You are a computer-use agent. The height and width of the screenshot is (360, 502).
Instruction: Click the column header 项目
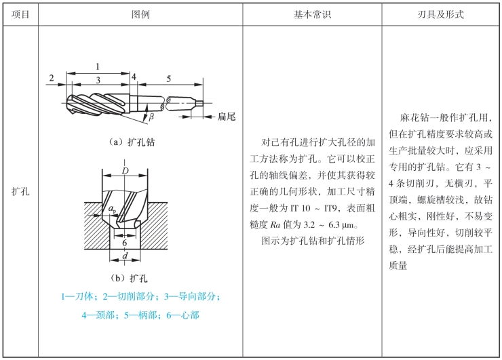[20, 14]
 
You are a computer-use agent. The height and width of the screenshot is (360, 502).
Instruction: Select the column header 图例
[139, 14]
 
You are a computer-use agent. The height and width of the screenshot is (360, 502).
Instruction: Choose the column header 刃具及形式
[441, 14]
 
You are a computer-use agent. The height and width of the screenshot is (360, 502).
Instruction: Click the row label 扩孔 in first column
[20, 192]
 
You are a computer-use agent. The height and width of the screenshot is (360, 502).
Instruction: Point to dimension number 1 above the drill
[99, 66]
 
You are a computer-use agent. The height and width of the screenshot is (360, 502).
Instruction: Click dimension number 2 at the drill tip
[51, 79]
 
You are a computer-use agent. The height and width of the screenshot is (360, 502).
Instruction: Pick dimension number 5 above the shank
[168, 79]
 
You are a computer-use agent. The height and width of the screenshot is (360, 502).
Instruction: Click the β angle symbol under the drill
[151, 117]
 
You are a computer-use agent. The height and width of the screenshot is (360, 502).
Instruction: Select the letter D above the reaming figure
[125, 170]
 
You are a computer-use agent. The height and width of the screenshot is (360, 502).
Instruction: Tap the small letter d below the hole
[125, 256]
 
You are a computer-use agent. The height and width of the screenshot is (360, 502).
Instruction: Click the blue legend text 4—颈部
[98, 315]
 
